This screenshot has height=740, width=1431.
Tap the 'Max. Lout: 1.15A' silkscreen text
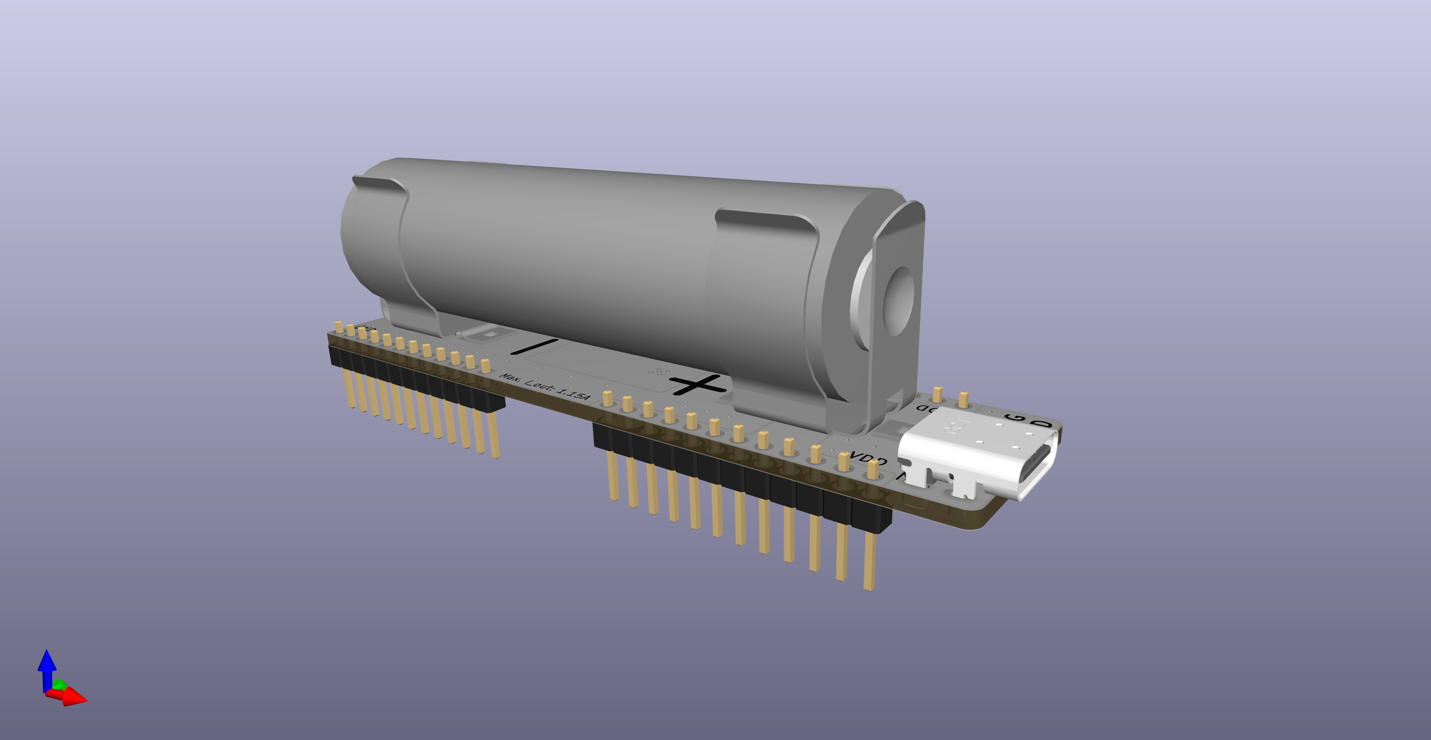[x=544, y=386]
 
